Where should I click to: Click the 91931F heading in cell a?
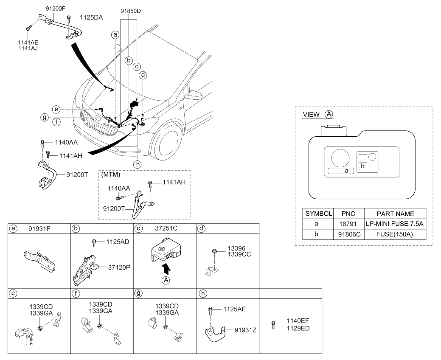(x=39, y=229)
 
